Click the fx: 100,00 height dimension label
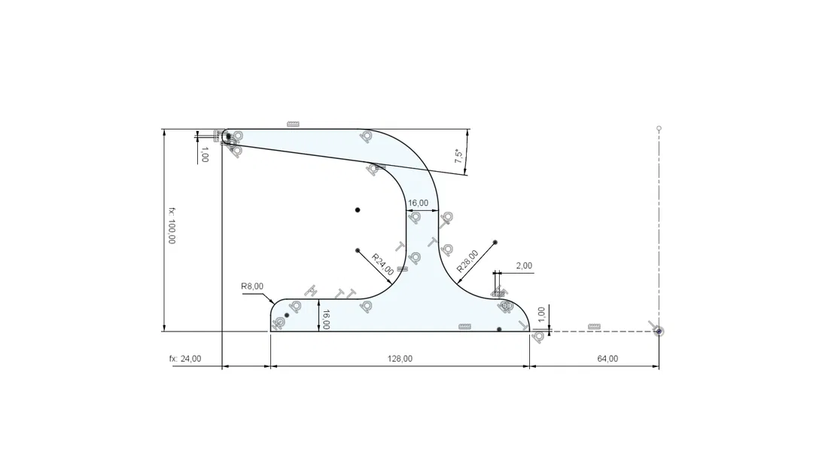[x=172, y=225]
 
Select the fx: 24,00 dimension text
[x=185, y=359]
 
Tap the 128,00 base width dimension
[x=400, y=359]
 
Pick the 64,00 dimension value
[x=607, y=359]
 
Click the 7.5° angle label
[x=458, y=157]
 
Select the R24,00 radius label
[x=382, y=266]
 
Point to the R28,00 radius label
[x=467, y=261]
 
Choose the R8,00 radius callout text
[x=252, y=286]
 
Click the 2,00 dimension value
[x=524, y=266]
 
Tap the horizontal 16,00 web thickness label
[x=419, y=203]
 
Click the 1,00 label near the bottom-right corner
[x=541, y=313]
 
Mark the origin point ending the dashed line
[x=659, y=331]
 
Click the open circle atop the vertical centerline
[x=659, y=128]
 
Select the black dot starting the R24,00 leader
[x=358, y=250]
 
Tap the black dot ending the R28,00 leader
[x=495, y=243]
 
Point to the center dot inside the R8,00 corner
[x=287, y=315]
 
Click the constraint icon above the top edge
[x=293, y=124]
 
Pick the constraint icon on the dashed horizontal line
[x=594, y=326]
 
